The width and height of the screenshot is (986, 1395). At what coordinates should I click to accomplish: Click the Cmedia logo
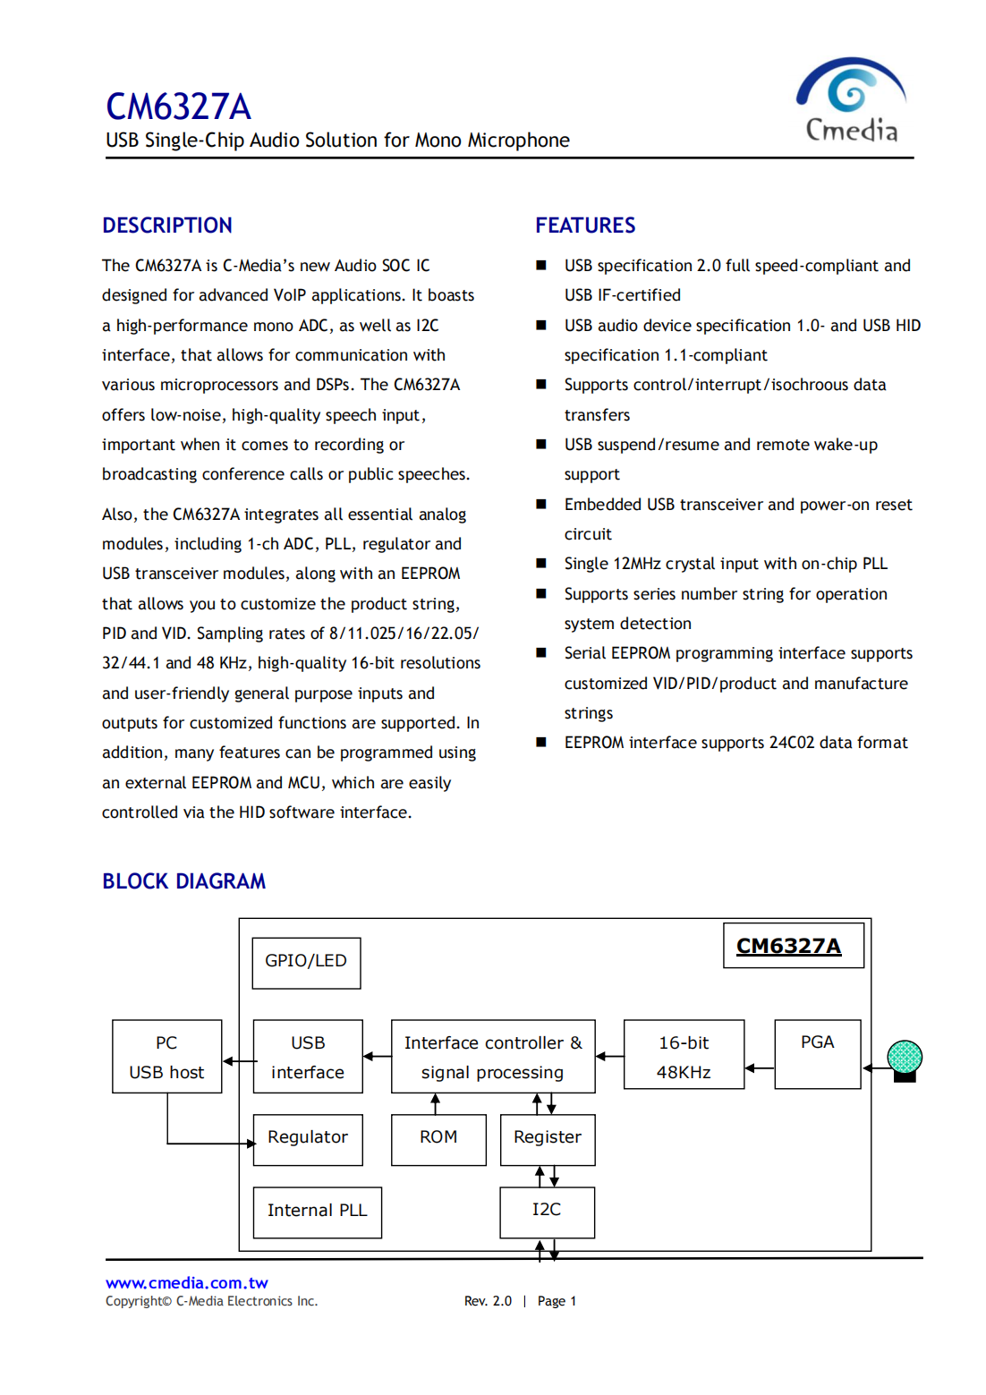click(x=851, y=100)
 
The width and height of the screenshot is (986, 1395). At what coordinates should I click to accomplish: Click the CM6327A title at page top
click(x=178, y=106)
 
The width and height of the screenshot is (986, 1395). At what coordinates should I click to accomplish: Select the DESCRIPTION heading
click(x=167, y=225)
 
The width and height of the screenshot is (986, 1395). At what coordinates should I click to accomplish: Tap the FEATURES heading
click(x=585, y=225)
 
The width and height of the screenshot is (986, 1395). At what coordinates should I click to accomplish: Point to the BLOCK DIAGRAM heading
click(x=183, y=881)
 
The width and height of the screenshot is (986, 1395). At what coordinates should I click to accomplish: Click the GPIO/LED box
click(x=306, y=963)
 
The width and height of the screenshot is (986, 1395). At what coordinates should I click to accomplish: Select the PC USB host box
click(x=166, y=1057)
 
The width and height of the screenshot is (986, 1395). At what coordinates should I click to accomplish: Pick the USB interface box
click(x=308, y=1057)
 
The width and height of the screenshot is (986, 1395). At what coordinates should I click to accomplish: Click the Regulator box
click(x=308, y=1139)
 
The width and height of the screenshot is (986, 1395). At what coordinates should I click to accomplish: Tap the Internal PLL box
click(x=317, y=1212)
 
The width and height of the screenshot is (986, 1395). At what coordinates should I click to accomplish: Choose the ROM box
click(x=438, y=1139)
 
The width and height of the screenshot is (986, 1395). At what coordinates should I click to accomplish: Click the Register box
click(x=548, y=1139)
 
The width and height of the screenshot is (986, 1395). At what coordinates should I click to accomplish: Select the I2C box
click(x=547, y=1212)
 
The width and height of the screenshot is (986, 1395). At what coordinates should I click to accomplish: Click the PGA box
click(x=817, y=1053)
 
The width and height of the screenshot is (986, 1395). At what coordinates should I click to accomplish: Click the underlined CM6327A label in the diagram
click(x=788, y=946)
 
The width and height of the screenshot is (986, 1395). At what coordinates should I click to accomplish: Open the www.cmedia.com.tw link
click(x=186, y=1283)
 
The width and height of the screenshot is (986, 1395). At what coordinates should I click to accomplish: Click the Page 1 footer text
click(x=557, y=1301)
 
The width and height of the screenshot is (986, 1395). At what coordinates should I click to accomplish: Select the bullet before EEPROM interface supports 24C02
click(x=541, y=742)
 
